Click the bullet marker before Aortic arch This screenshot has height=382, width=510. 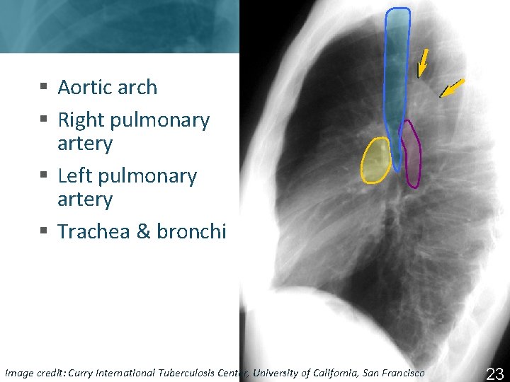[44, 88]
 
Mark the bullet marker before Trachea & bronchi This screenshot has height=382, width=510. [44, 232]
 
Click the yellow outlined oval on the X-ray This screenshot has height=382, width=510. [375, 161]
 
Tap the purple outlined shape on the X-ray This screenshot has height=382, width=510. [410, 154]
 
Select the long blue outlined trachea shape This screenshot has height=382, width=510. [397, 78]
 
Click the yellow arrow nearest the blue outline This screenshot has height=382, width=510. [423, 62]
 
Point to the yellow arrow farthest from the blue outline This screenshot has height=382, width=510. [451, 87]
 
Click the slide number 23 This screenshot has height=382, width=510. [494, 374]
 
